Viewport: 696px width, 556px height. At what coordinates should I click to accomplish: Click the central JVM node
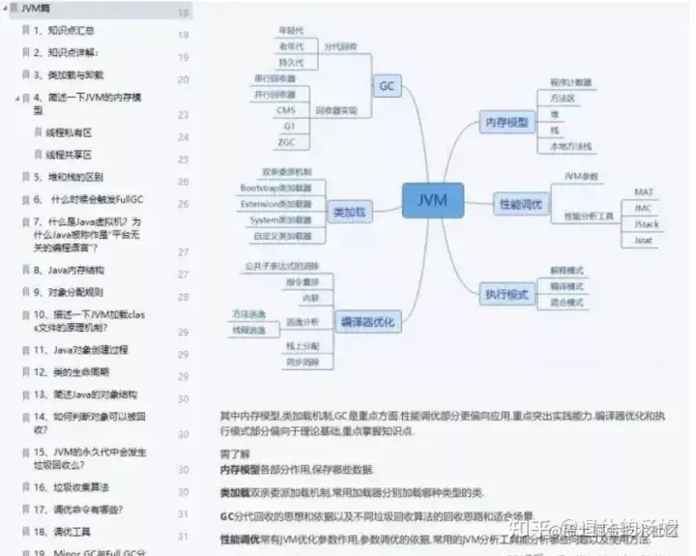coord(432,201)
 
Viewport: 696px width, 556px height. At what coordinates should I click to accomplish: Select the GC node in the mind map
coord(387,86)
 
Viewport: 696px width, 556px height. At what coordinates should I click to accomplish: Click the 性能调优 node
coord(521,204)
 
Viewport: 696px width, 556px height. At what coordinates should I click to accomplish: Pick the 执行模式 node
coord(507,293)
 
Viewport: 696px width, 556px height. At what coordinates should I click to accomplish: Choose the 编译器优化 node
coord(367,322)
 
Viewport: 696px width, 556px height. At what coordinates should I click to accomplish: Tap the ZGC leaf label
coord(286,142)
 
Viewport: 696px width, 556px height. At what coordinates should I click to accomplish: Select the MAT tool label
coord(644,191)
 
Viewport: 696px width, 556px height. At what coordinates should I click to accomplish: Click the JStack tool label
coord(646,224)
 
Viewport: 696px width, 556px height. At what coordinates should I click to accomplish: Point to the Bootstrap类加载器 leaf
coord(275,188)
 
